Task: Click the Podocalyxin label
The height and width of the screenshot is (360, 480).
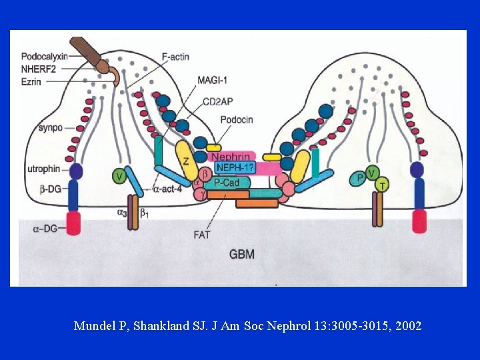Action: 44,56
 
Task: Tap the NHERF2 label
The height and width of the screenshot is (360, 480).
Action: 39,69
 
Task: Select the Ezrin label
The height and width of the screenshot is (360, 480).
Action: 33,81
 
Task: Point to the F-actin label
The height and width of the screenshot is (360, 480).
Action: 175,57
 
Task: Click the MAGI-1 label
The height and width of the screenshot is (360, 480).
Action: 213,81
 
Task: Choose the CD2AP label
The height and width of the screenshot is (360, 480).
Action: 217,103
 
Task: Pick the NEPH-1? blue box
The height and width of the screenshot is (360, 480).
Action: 235,168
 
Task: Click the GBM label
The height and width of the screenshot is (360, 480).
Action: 241,253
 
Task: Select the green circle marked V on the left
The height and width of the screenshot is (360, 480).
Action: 119,176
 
